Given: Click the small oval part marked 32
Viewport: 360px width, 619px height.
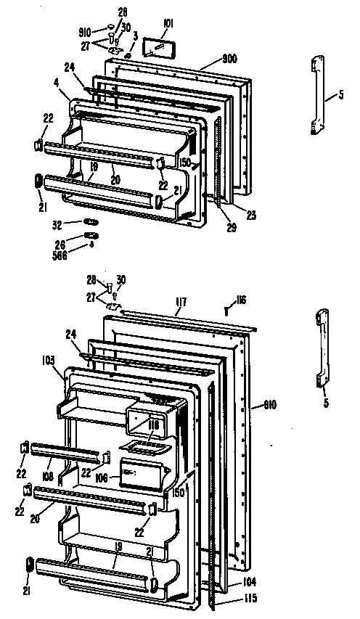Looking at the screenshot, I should click(x=90, y=221).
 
